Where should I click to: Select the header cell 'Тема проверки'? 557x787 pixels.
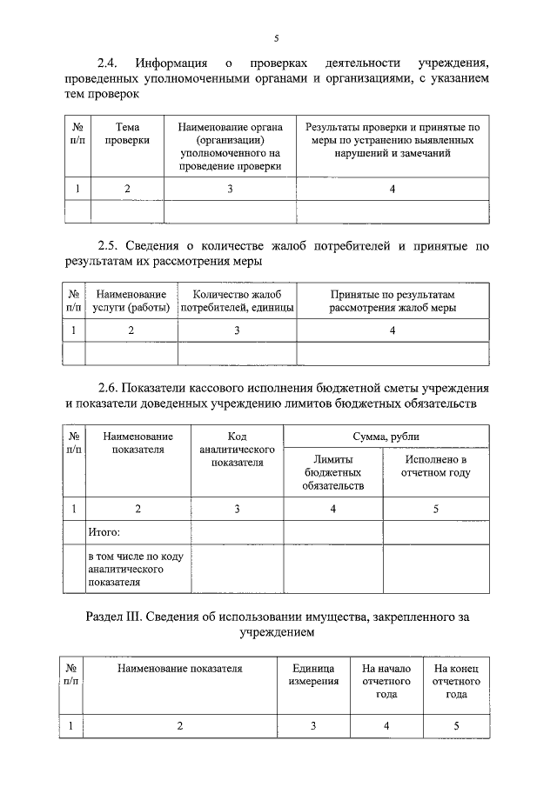(127, 133)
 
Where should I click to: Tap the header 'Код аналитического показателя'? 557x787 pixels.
(237, 450)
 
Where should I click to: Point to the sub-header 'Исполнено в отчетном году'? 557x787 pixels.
(435, 466)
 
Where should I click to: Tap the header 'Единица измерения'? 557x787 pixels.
(313, 675)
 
